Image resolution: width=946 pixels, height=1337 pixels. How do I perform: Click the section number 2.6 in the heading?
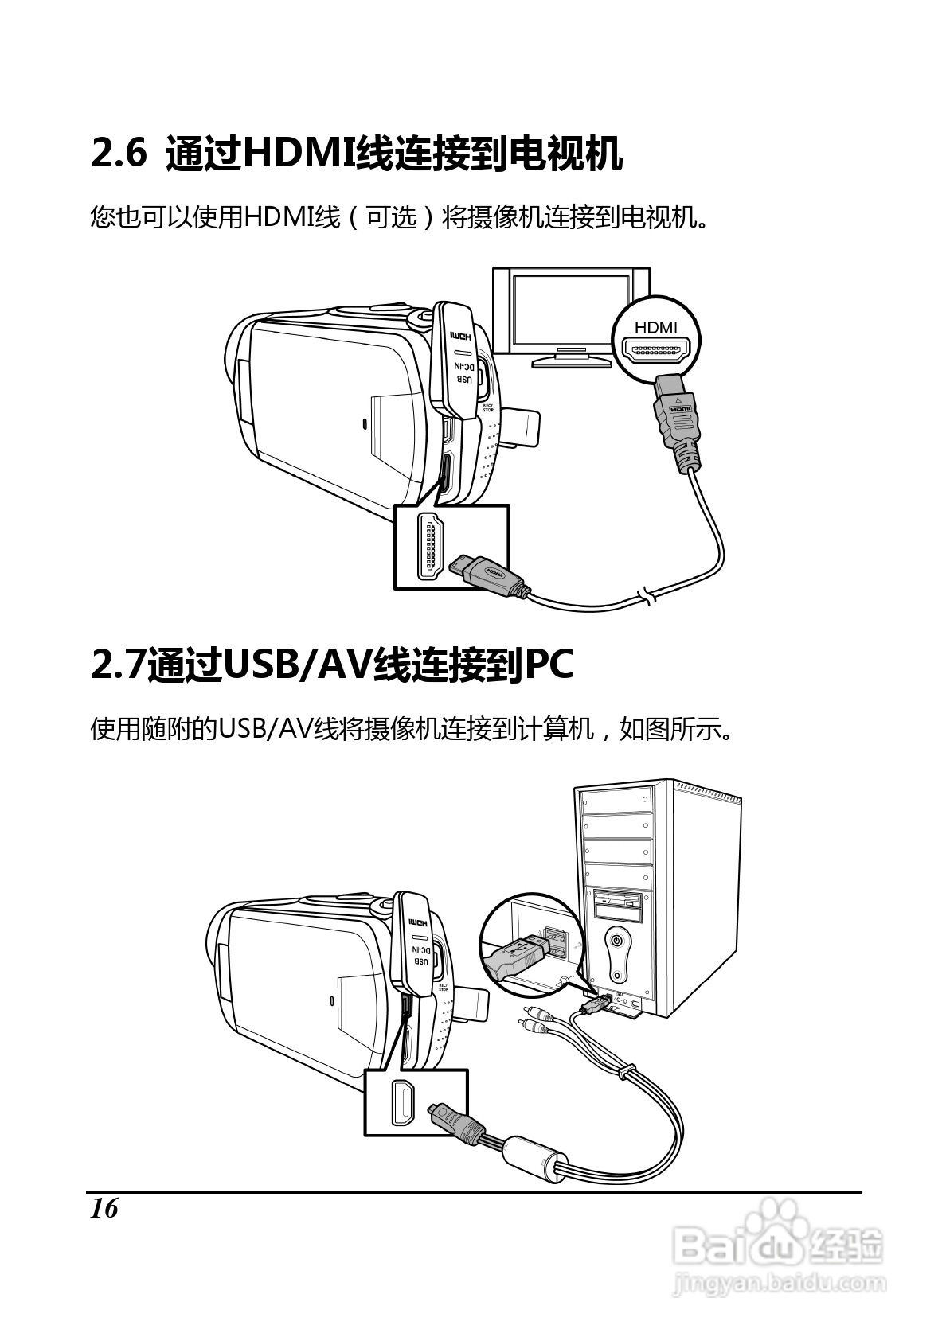click(x=119, y=153)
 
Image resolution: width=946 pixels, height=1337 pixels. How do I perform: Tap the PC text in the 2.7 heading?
click(x=548, y=665)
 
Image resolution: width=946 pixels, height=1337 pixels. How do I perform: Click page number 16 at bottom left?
click(x=104, y=1209)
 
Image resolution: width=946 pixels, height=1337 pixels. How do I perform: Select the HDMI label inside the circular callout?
click(x=655, y=327)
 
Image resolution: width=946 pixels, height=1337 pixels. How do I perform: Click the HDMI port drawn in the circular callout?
click(x=656, y=350)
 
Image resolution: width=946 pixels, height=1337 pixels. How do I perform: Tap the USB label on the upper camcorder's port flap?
click(x=463, y=380)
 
